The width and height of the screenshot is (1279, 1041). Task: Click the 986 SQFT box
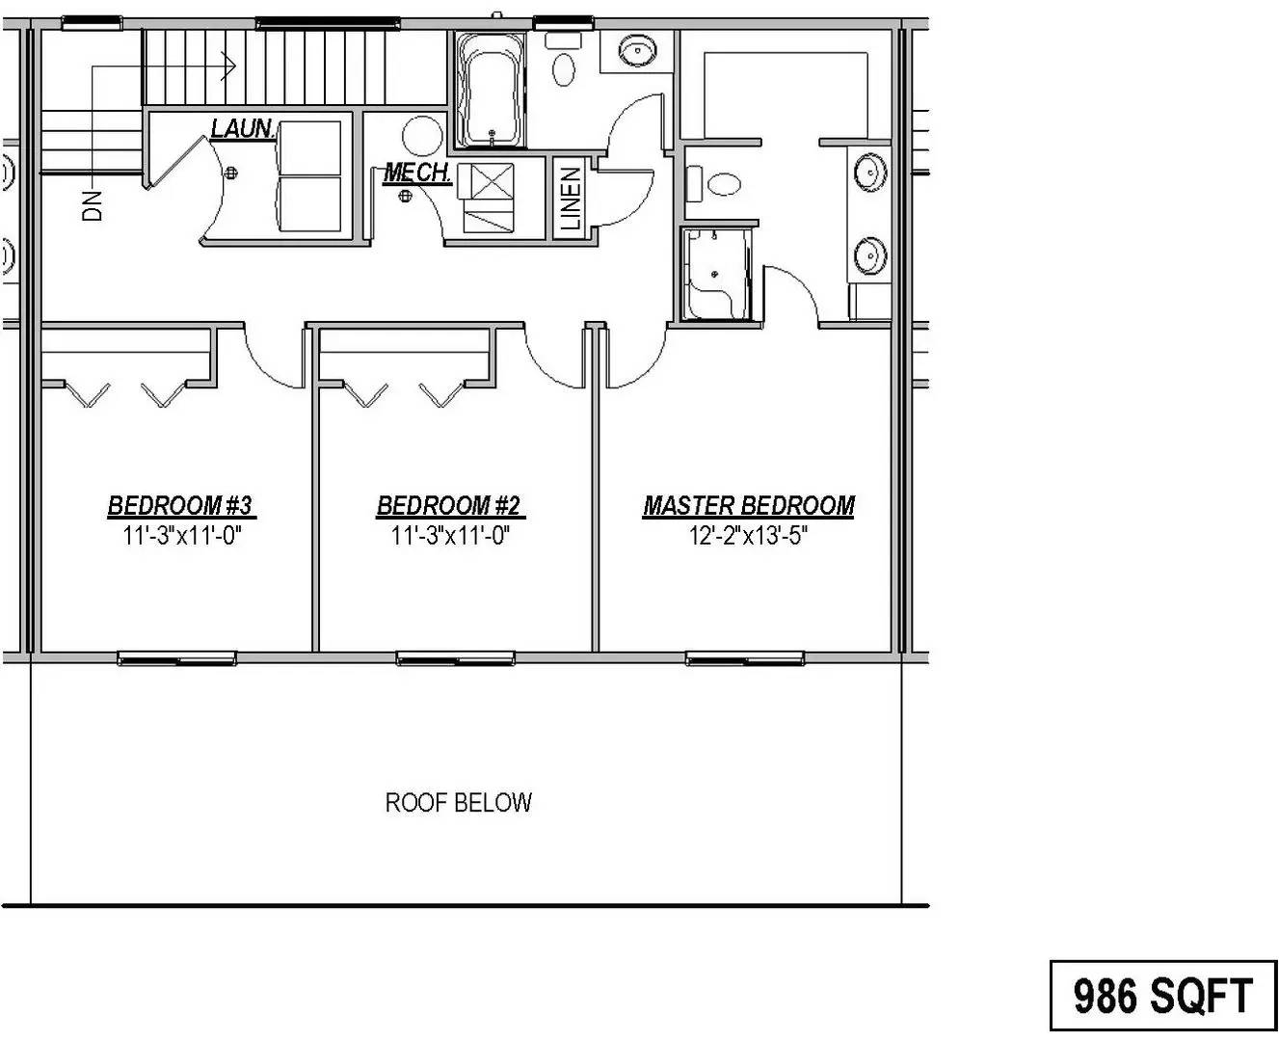point(1162,996)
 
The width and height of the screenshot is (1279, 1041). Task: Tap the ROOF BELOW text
point(458,802)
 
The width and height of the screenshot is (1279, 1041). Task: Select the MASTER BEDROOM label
point(748,506)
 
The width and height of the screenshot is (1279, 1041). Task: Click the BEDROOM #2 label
point(449,506)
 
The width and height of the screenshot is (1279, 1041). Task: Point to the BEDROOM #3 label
point(180,506)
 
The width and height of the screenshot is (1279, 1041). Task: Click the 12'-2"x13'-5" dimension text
point(748,536)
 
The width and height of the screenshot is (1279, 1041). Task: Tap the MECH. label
point(417,173)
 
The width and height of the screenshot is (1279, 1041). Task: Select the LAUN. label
point(242,128)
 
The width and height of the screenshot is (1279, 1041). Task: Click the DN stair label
point(93,205)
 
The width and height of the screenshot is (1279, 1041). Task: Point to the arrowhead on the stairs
point(229,67)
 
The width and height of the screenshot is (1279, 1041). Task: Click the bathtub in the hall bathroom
point(489,91)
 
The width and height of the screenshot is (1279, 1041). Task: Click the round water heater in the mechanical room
point(421,136)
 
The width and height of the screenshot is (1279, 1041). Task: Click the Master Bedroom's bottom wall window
point(744,659)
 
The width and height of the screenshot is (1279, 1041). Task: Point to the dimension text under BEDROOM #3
point(180,536)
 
